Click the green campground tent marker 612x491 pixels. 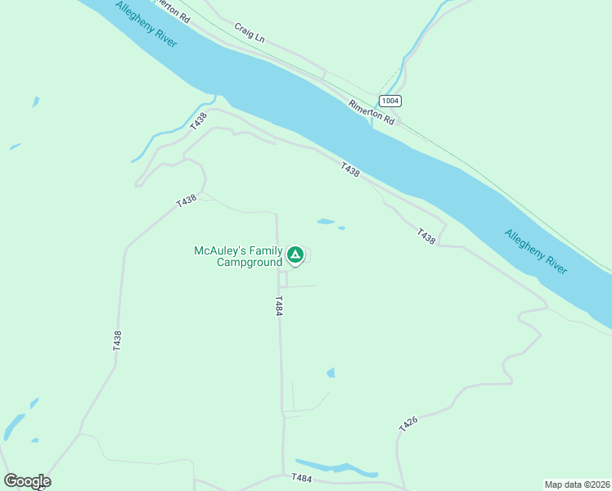click(x=296, y=255)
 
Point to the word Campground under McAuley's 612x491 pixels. click(x=250, y=263)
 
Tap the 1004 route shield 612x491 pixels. click(x=391, y=101)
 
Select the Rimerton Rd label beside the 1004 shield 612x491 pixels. click(x=371, y=112)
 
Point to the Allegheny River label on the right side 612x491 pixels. click(x=536, y=251)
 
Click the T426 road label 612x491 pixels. click(x=408, y=423)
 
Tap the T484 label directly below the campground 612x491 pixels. click(x=279, y=307)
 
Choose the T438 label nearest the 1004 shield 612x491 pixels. click(x=350, y=169)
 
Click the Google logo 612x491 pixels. click(x=27, y=481)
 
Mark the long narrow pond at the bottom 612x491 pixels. click(x=336, y=468)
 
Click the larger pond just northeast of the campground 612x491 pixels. click(x=326, y=221)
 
